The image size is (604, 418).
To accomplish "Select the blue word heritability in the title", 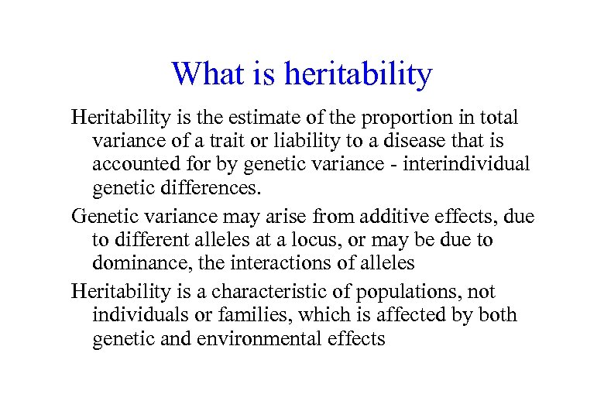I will point(358,74).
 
